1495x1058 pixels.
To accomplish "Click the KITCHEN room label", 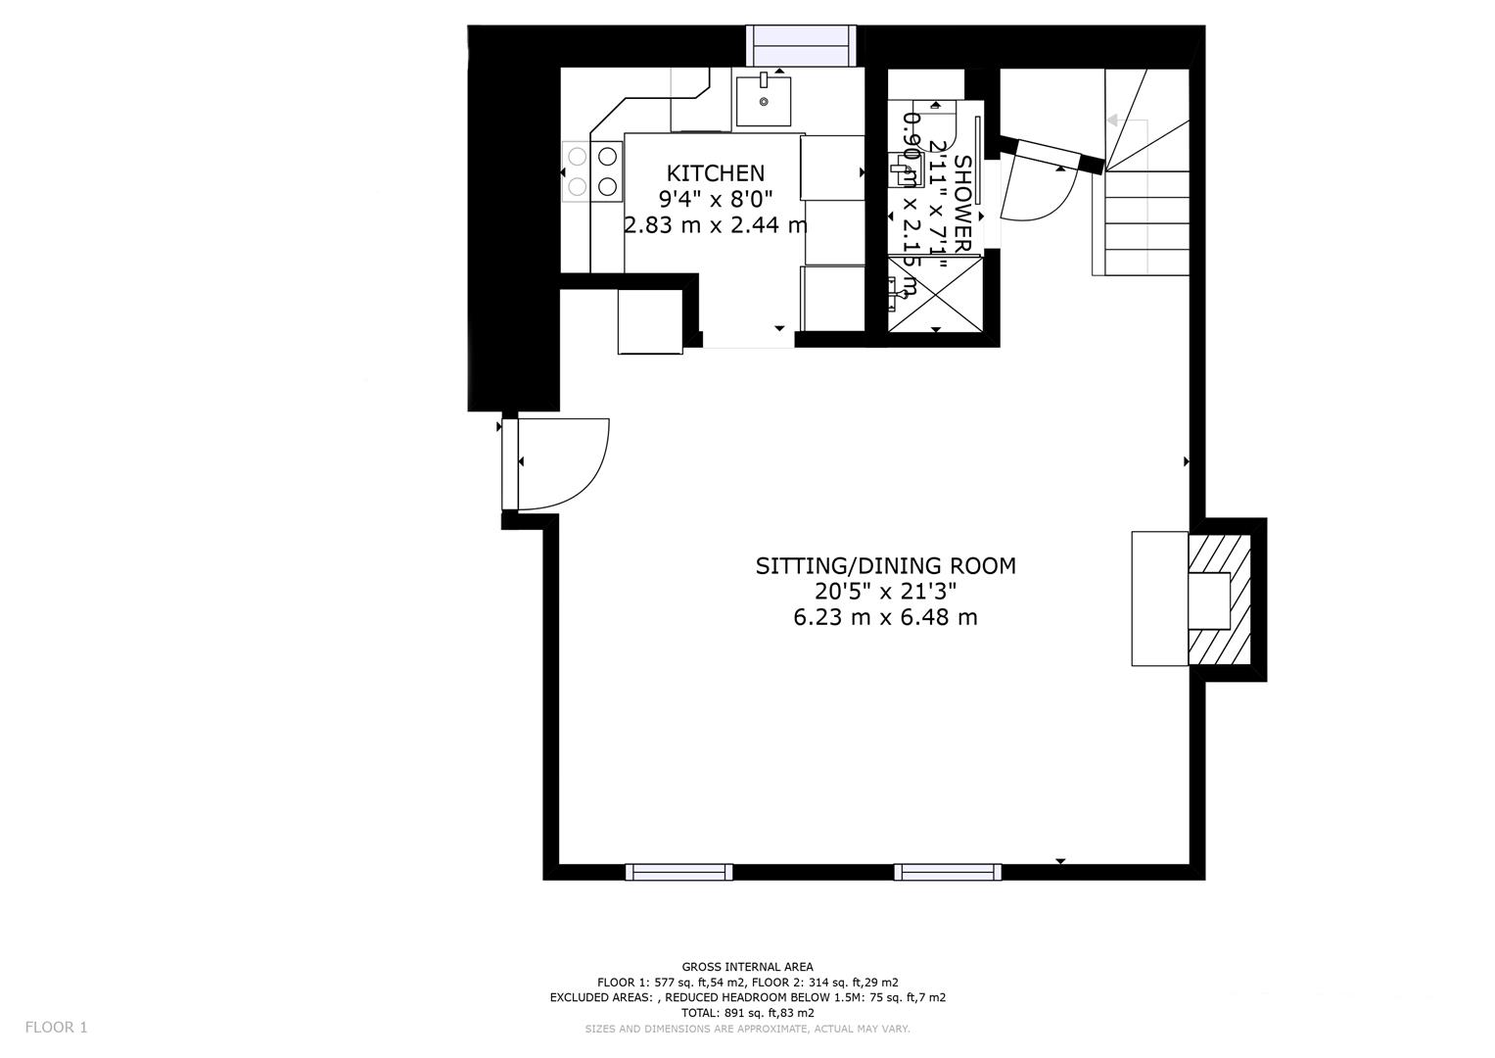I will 715,173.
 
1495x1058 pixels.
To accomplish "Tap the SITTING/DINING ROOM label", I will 885,565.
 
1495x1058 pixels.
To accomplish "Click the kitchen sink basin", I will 764,100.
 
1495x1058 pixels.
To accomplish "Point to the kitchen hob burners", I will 592,170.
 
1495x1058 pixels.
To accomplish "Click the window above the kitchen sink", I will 802,46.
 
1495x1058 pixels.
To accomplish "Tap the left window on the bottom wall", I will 678,872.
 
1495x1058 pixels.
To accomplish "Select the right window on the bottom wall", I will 947,872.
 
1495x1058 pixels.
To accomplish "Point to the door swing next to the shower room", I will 1038,191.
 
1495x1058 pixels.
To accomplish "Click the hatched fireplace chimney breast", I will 1222,600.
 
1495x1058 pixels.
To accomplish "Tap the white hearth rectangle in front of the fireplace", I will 1160,599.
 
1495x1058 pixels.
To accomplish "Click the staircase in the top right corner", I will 1145,176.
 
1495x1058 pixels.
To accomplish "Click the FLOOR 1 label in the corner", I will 56,1028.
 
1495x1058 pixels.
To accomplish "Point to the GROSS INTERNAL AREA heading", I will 747,967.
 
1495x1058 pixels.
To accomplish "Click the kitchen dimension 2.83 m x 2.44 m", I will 716,224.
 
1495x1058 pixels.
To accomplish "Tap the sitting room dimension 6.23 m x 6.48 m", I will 885,617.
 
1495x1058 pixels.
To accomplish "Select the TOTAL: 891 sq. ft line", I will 747,1013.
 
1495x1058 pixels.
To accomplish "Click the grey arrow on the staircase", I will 1113,120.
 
